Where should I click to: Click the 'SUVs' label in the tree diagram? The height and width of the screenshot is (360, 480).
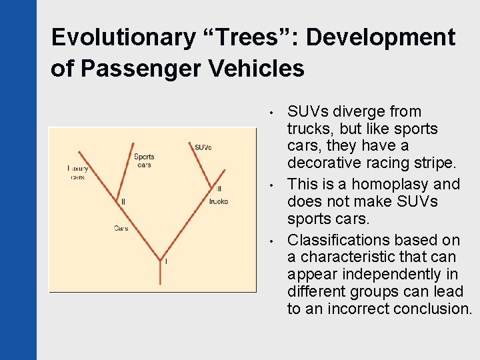click(203, 147)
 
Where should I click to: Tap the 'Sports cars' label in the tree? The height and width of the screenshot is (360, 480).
click(144, 161)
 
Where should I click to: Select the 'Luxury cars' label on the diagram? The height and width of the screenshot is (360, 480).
click(77, 173)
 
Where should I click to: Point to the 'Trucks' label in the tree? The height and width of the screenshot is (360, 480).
click(218, 201)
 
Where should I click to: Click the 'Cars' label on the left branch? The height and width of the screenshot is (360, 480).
click(121, 228)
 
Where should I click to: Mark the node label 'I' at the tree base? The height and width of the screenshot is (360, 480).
click(166, 261)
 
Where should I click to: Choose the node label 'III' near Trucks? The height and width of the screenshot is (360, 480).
click(219, 189)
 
